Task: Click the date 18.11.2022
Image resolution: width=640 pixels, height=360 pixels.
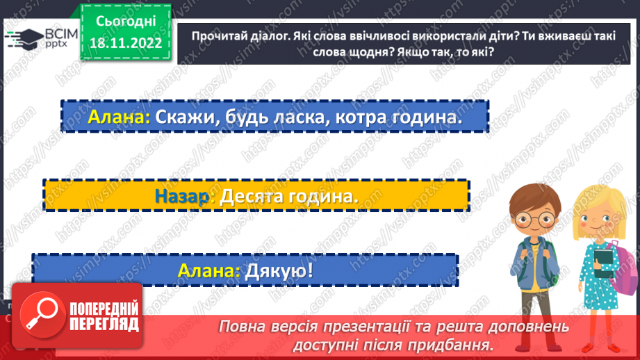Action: (x=125, y=43)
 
